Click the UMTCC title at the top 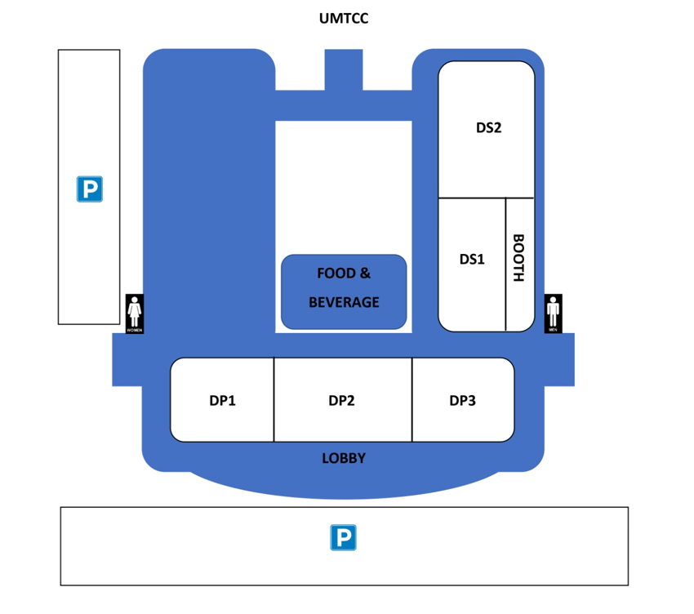tap(344, 18)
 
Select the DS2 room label tap(488, 127)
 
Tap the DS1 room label tap(472, 259)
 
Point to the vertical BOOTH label tap(518, 259)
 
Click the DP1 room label tap(222, 400)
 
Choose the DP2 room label tap(341, 400)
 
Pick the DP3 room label tap(462, 400)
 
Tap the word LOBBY tap(344, 458)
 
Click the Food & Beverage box tap(344, 291)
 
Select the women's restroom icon tap(135, 314)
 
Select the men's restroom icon tap(554, 314)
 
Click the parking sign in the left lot tap(90, 189)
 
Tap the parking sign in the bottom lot tap(344, 537)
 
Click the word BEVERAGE tap(344, 302)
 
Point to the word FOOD tap(331, 274)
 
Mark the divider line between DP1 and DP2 tap(274, 400)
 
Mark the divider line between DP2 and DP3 tap(412, 400)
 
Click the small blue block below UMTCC tap(344, 69)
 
